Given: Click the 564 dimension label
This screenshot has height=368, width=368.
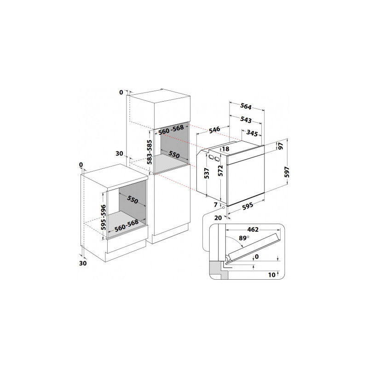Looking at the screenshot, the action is tap(246, 106).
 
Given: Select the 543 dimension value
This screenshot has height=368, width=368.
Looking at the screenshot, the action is tap(246, 120).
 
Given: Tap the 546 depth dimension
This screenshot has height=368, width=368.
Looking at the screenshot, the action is tap(214, 130).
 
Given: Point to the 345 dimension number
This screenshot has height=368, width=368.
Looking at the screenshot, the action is tap(252, 133).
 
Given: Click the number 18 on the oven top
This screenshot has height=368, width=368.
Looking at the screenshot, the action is tap(225, 149).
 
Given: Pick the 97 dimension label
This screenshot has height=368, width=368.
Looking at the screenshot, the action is tap(281, 146).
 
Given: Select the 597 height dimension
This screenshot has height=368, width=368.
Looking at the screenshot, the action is tap(287, 172).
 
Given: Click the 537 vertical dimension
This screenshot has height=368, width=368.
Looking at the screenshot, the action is tap(207, 173).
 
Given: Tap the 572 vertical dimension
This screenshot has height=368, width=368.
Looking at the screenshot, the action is tap(220, 171).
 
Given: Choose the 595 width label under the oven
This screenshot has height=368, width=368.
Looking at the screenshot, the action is tap(247, 206).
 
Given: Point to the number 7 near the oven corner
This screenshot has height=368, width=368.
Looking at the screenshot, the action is tap(216, 205).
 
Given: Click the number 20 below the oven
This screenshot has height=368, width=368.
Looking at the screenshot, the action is tap(218, 218).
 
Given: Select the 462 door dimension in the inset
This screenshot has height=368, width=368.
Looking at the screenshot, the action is tap(253, 229).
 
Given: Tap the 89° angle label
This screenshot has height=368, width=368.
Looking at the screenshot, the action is tap(244, 238).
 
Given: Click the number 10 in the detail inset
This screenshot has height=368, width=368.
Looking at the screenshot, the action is tap(271, 275).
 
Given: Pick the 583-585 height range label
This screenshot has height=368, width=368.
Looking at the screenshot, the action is tap(149, 152).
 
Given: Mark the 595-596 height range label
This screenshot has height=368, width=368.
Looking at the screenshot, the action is tap(103, 217).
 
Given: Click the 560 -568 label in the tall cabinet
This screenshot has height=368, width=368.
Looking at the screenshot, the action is tap(171, 130).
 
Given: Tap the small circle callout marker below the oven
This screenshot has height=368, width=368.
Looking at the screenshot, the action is tap(223, 207).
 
